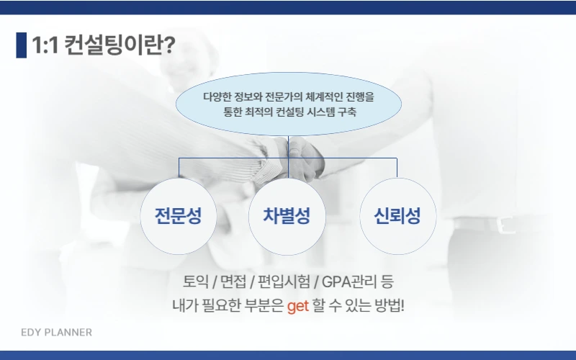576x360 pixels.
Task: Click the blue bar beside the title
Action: point(21,45)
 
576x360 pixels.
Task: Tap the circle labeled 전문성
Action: point(178,216)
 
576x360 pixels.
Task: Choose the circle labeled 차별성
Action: point(287,216)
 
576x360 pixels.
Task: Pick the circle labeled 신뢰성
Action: point(397,216)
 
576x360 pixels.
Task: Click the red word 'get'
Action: point(297,305)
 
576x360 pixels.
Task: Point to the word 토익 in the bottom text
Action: point(196,281)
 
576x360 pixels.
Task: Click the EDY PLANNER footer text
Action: point(56,333)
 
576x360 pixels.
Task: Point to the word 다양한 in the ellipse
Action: point(217,96)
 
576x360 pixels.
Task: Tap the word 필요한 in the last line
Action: point(220,305)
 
